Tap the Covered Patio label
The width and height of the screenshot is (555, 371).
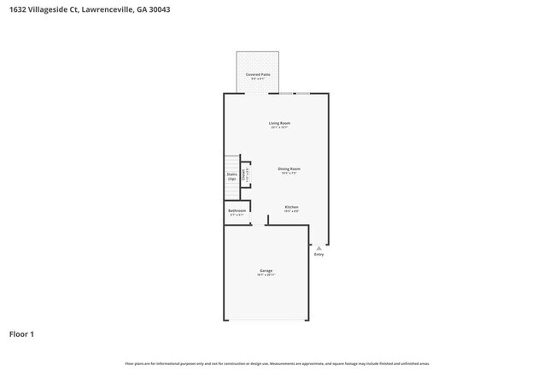pyautogui.click(x=253, y=74)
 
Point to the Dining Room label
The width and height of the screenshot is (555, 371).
pyautogui.click(x=289, y=168)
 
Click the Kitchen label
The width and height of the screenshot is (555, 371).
pyautogui.click(x=291, y=207)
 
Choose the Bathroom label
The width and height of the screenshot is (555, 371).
pyautogui.click(x=237, y=210)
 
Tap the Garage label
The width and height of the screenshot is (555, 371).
pyautogui.click(x=266, y=271)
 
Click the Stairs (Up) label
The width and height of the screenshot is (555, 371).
pyautogui.click(x=231, y=176)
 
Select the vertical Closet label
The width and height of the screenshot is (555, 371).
pyautogui.click(x=244, y=174)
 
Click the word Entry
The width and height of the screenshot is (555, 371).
pyautogui.click(x=318, y=254)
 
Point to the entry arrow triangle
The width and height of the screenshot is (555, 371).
pyautogui.click(x=318, y=247)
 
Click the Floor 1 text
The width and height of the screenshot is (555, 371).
pyautogui.click(x=22, y=333)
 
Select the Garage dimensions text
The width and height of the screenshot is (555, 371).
pyautogui.click(x=266, y=275)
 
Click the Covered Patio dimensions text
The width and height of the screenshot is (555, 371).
pyautogui.click(x=253, y=79)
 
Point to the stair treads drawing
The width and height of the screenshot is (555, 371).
pyautogui.click(x=231, y=163)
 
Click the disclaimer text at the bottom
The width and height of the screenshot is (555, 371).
pyautogui.click(x=277, y=363)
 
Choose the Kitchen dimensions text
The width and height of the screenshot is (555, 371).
pyautogui.click(x=291, y=211)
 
